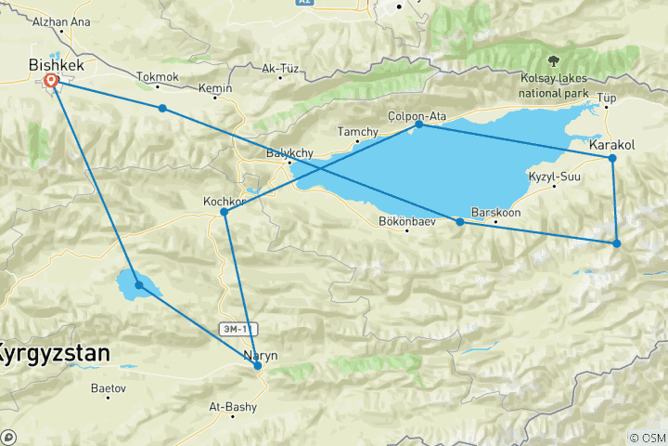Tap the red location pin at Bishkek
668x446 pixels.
(x=51, y=82)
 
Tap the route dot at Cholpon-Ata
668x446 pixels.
(x=419, y=124)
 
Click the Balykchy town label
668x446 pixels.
(x=288, y=152)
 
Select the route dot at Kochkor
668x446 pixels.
(x=225, y=213)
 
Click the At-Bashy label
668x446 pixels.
(x=231, y=405)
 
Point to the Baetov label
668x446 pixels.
(x=109, y=389)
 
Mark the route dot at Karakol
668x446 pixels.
(x=612, y=158)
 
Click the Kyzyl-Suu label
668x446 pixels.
(x=554, y=177)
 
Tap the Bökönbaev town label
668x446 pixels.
(x=408, y=220)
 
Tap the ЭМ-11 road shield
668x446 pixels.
(x=236, y=328)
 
